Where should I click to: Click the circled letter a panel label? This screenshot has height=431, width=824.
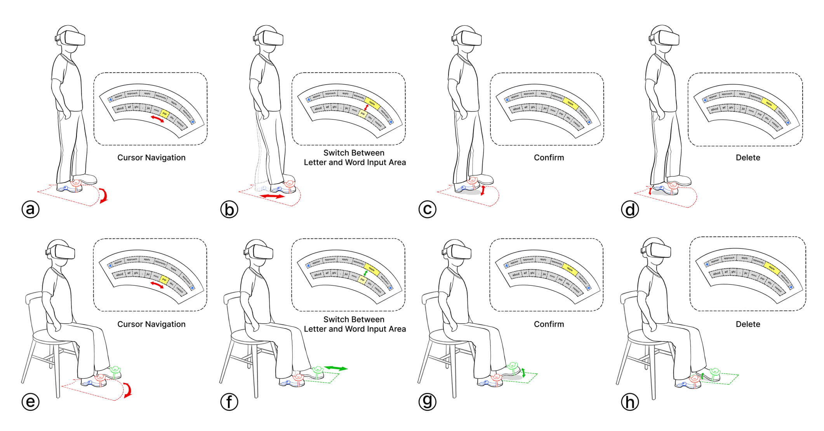tap(31, 210)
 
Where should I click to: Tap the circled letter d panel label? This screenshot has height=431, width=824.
tap(630, 210)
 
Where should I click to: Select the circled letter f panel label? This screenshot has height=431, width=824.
tap(229, 402)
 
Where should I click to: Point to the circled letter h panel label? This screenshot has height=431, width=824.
tap(630, 402)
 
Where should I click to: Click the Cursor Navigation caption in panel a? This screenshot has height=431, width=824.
tap(151, 158)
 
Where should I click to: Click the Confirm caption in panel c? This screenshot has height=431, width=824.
tap(549, 158)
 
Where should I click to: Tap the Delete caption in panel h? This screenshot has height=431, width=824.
tap(748, 324)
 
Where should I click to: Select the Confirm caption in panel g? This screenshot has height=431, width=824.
tap(549, 324)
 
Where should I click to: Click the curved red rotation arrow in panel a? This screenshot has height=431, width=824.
tap(104, 195)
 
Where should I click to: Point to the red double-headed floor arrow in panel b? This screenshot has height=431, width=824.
tap(272, 197)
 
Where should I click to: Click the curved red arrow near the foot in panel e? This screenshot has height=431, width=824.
tap(128, 389)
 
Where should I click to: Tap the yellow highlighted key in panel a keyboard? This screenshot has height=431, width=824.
tap(165, 114)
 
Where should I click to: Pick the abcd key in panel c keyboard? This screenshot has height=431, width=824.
tap(516, 109)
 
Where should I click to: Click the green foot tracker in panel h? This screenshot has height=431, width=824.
tap(715, 373)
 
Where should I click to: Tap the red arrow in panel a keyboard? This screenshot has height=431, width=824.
tap(157, 119)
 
